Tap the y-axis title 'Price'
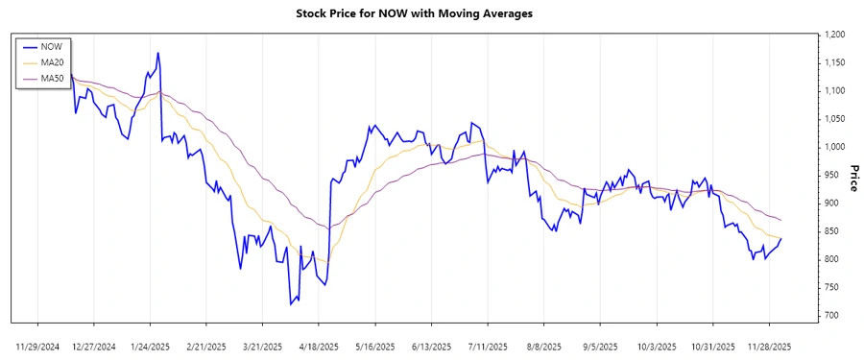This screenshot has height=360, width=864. pos(852,175)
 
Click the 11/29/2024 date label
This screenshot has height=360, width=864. pos(38,346)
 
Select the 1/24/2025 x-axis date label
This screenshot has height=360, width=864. pos(151,346)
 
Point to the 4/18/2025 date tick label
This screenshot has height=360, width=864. pos(319,346)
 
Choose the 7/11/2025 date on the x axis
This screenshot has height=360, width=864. pos(487,346)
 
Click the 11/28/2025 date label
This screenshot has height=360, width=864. pos(768,346)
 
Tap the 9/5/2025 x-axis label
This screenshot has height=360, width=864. pos(599,346)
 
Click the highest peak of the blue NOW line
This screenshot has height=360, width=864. pos(157,53)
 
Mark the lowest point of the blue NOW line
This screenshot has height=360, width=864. pos(291,304)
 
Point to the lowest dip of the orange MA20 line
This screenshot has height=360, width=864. pos(327,262)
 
